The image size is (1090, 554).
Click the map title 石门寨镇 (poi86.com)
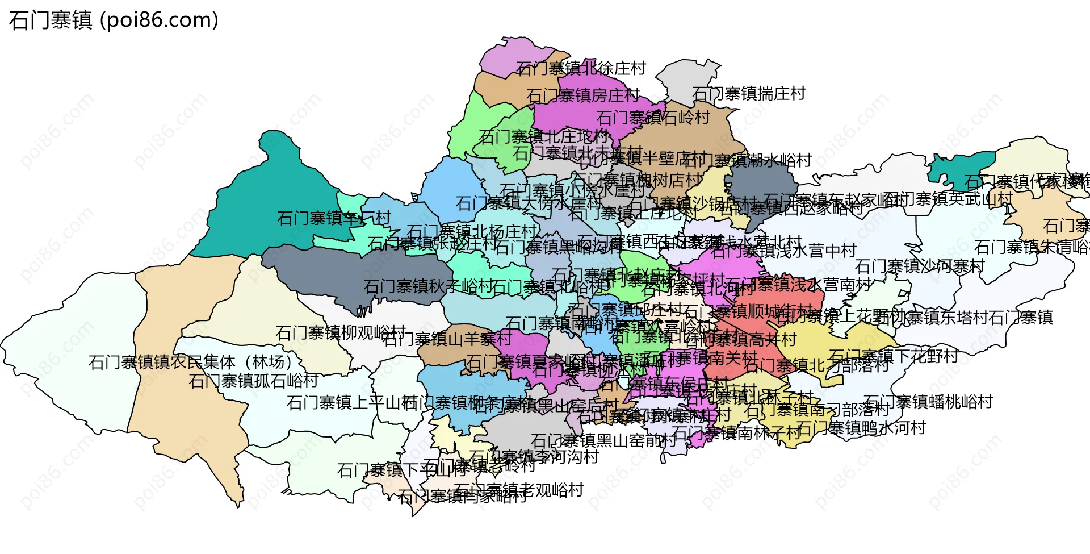(x=114, y=20)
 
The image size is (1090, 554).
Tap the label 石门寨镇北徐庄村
(x=581, y=69)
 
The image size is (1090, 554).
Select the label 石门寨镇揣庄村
(x=749, y=94)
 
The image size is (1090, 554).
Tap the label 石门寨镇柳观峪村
(x=341, y=332)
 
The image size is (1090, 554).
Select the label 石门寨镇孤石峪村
(x=253, y=381)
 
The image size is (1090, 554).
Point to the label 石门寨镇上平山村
(x=352, y=403)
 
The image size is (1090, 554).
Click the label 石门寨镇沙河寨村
(x=920, y=266)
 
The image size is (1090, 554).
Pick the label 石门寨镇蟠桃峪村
(x=928, y=402)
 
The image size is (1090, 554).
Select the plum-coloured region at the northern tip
(x=511, y=54)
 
